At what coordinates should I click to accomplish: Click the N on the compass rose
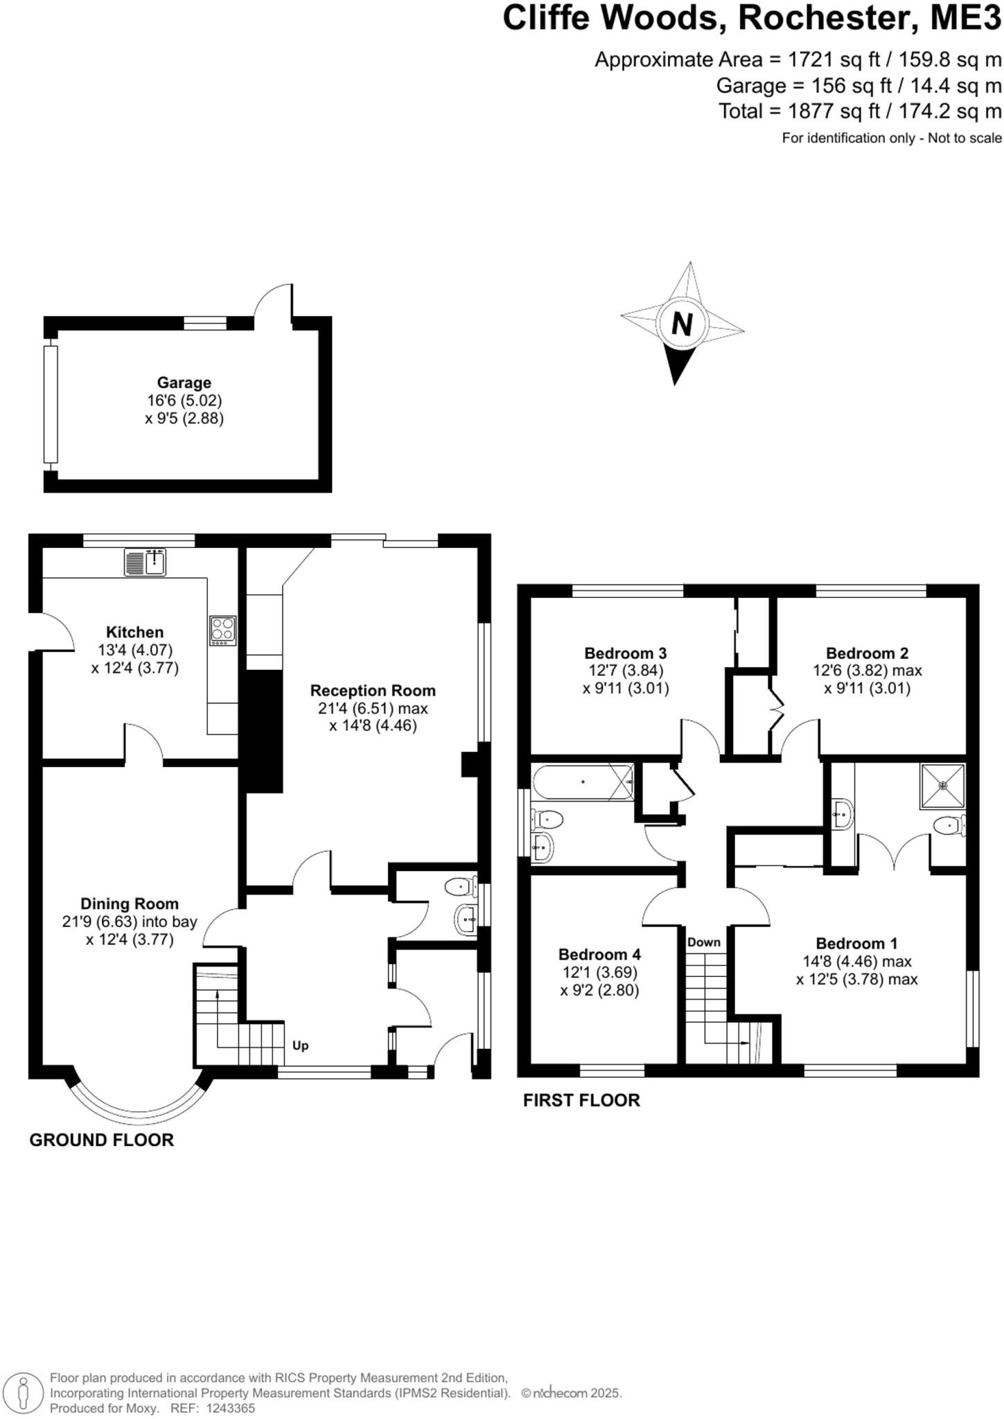pyautogui.click(x=682, y=324)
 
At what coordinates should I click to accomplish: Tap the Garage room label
pyautogui.click(x=184, y=382)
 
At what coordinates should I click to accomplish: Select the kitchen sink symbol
pyautogui.click(x=146, y=562)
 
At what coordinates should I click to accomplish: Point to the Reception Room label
pyautogui.click(x=373, y=691)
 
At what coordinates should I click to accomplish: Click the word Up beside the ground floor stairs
pyautogui.click(x=300, y=1046)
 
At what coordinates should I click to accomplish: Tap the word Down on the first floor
pyautogui.click(x=704, y=942)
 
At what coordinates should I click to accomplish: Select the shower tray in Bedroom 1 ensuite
pyautogui.click(x=942, y=786)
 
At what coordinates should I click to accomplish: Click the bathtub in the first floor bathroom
pyautogui.click(x=583, y=782)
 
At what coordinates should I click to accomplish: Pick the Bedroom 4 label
pyautogui.click(x=599, y=954)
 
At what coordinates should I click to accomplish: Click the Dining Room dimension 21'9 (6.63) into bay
pyautogui.click(x=130, y=922)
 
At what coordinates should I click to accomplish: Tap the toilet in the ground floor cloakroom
pyautogui.click(x=460, y=886)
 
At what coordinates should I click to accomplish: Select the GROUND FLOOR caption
pyautogui.click(x=101, y=1140)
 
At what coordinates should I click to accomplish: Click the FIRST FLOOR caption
pyautogui.click(x=581, y=1100)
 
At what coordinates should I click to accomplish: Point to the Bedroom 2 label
pyautogui.click(x=867, y=653)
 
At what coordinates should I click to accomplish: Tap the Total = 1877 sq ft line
pyautogui.click(x=859, y=111)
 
